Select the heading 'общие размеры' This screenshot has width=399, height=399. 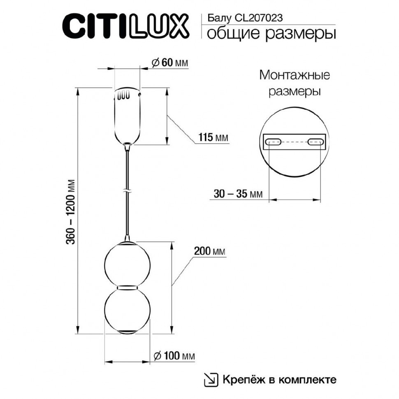(x=271, y=34)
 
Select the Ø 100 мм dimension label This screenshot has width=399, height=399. (x=173, y=356)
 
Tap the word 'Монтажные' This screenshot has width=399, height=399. (x=295, y=75)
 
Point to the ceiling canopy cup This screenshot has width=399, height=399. (x=128, y=115)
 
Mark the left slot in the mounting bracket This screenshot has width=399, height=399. (x=273, y=142)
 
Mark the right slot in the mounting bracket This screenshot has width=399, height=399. (x=315, y=142)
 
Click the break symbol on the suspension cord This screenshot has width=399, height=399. (x=128, y=191)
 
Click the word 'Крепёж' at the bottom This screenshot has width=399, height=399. (x=239, y=379)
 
